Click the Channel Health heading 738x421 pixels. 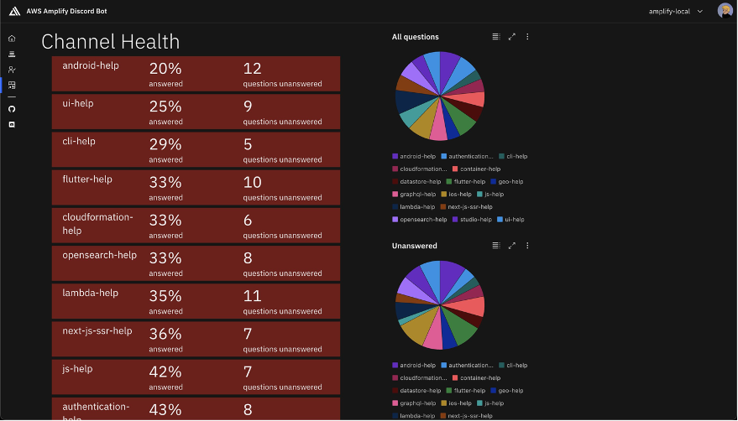pyautogui.click(x=110, y=42)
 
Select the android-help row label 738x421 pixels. pyautogui.click(x=91, y=66)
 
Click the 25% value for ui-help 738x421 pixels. pyautogui.click(x=165, y=107)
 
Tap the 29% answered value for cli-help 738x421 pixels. pyautogui.click(x=165, y=144)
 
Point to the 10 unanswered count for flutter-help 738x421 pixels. pyautogui.click(x=253, y=182)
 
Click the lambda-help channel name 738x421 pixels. pyautogui.click(x=90, y=293)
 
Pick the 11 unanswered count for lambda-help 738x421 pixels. pyautogui.click(x=253, y=296)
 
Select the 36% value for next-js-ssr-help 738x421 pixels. pyautogui.click(x=165, y=334)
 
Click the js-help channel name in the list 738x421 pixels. pyautogui.click(x=77, y=368)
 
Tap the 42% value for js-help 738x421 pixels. pyautogui.click(x=165, y=372)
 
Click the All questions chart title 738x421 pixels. pyautogui.click(x=415, y=37)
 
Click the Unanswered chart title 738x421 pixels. pyautogui.click(x=414, y=246)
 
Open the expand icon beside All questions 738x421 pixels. pyautogui.click(x=512, y=37)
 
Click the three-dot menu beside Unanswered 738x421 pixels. pyautogui.click(x=527, y=246)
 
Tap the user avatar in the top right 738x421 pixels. pyautogui.click(x=725, y=11)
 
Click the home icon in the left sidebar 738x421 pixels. pyautogui.click(x=12, y=39)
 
